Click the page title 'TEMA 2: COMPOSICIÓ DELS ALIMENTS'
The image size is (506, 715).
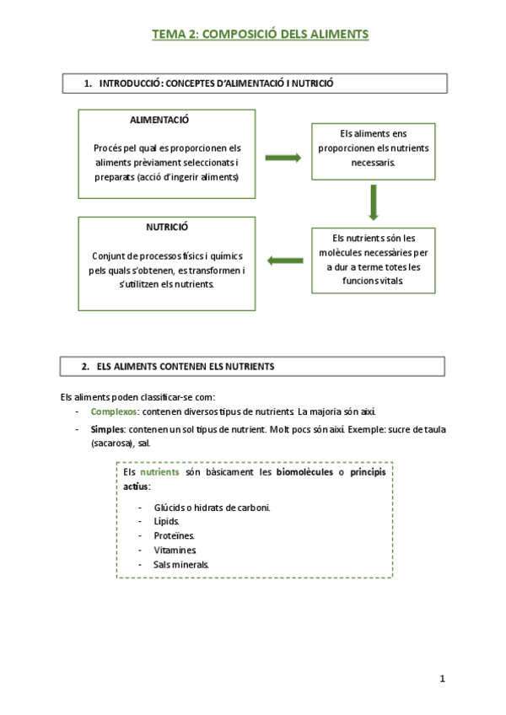tap(260, 35)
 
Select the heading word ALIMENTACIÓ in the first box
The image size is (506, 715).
tap(159, 121)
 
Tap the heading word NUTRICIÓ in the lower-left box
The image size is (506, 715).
tap(167, 228)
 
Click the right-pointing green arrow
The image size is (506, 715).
tap(283, 157)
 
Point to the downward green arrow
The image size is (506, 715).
tap(373, 202)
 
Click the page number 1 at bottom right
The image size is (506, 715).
tap(442, 679)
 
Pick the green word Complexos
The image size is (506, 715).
tap(115, 411)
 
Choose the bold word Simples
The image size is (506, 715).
tap(108, 429)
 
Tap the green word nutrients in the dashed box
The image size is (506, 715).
tap(160, 472)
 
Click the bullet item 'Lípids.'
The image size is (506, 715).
tap(166, 521)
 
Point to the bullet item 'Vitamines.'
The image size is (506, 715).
tap(175, 550)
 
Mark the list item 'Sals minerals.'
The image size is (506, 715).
tap(181, 564)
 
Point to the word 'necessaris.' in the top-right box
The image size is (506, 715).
tap(373, 164)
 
